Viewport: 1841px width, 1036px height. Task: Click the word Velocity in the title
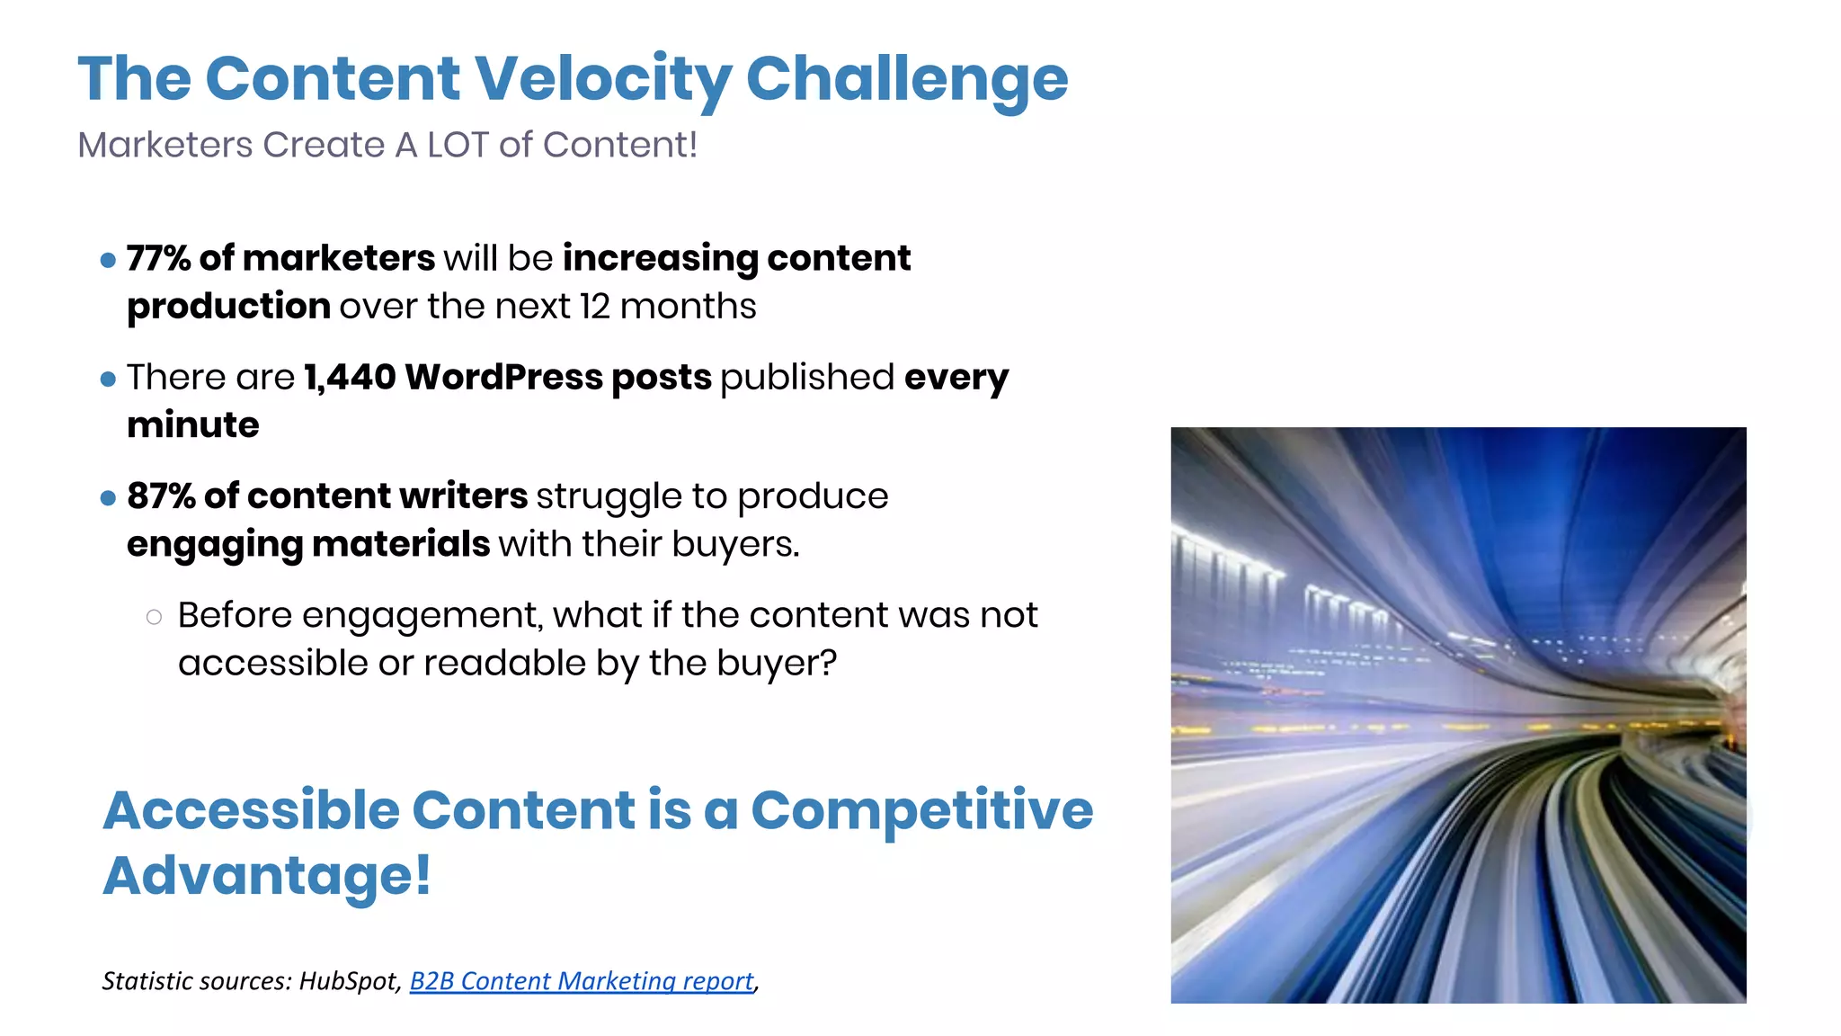click(602, 79)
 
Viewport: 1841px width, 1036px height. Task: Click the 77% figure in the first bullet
click(158, 258)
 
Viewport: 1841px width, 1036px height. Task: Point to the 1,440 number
click(350, 377)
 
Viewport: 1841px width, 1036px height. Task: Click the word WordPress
click(503, 377)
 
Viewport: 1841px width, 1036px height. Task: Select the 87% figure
click(161, 496)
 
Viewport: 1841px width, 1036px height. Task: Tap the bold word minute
click(192, 424)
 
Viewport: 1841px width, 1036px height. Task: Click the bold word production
click(228, 307)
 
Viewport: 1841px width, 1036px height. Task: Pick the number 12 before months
click(594, 307)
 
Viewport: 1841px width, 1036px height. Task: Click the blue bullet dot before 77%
click(109, 261)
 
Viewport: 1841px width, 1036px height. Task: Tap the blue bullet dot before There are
click(109, 380)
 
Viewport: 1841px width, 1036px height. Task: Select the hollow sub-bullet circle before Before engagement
click(154, 617)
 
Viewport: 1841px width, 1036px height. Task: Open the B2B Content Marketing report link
click(581, 980)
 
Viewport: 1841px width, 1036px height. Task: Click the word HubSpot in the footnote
click(349, 980)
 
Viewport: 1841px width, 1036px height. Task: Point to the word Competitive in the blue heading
click(921, 809)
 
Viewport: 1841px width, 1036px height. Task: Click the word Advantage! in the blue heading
click(267, 875)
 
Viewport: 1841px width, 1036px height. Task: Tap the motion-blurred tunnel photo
click(1457, 715)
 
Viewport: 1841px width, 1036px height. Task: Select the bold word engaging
click(215, 544)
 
